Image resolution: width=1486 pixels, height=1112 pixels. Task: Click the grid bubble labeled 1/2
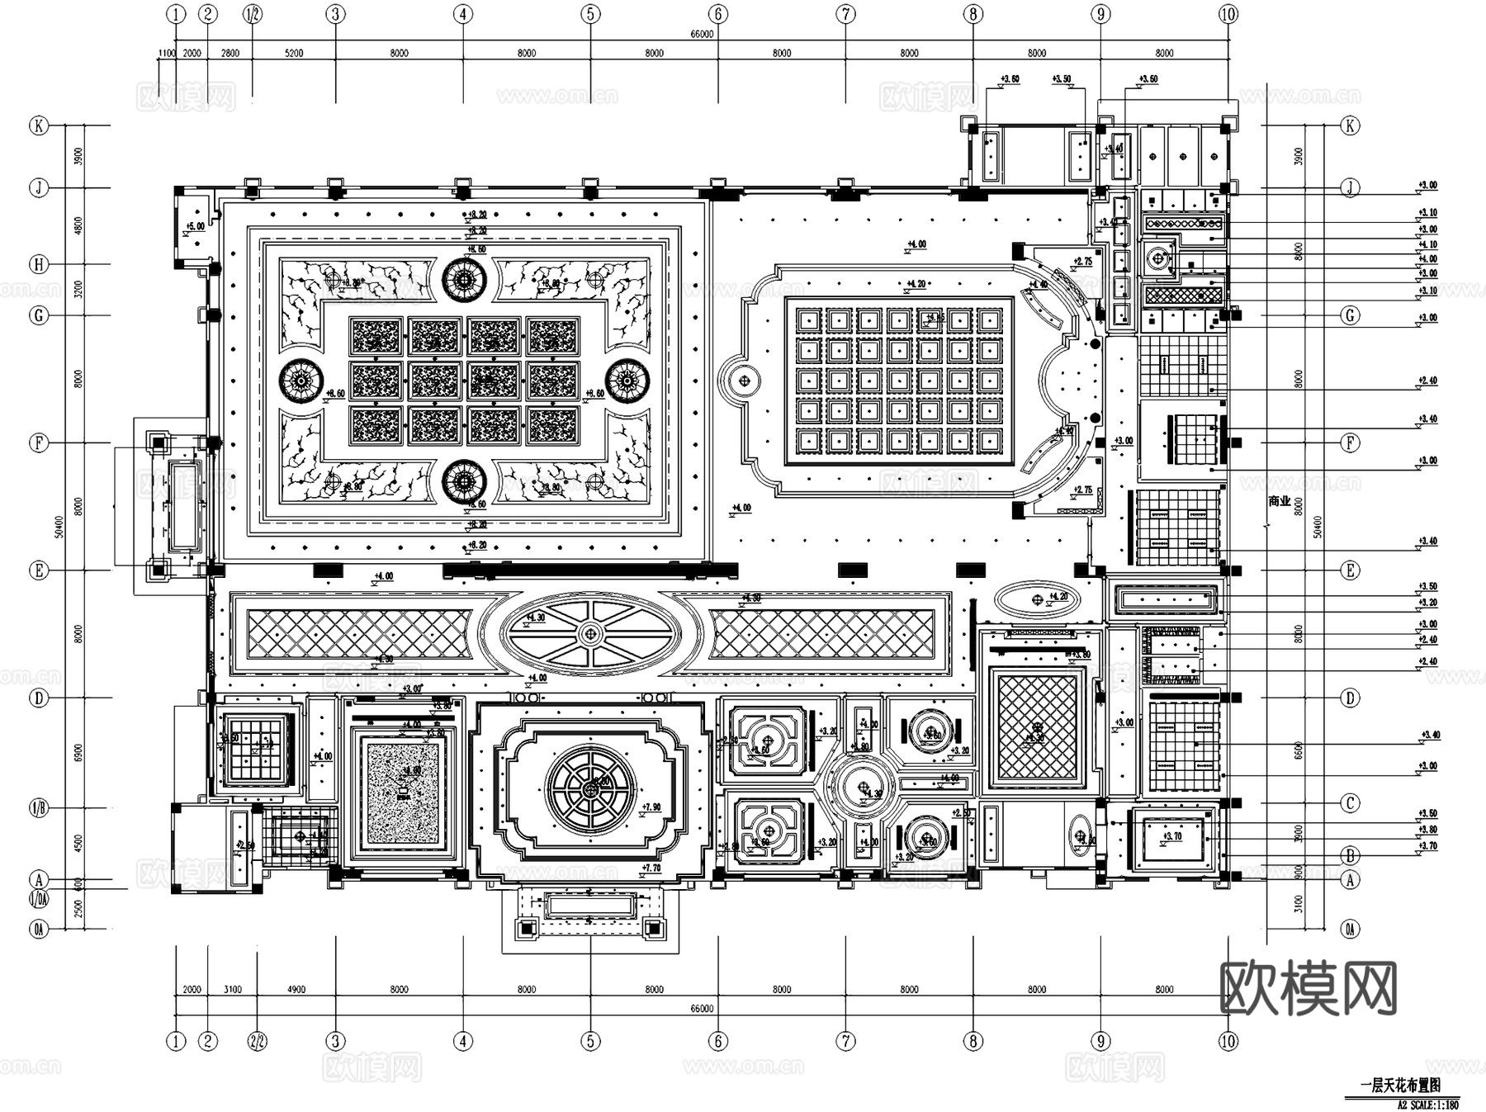[x=252, y=14]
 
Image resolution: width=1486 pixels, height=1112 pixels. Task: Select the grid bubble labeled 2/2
[x=258, y=1041]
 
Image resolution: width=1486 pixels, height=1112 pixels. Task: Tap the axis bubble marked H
[x=39, y=264]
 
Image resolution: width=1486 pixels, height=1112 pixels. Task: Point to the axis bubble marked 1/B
[x=39, y=808]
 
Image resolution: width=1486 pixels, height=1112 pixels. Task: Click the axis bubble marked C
[x=1351, y=802]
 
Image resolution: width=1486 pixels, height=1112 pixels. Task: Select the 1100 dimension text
[x=166, y=53]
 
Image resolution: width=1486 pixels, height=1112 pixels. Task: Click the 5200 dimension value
[x=294, y=53]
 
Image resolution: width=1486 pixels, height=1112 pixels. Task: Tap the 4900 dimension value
[x=296, y=989]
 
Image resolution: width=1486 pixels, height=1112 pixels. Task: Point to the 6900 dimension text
[x=78, y=752]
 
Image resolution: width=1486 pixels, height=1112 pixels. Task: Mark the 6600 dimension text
[x=1298, y=750]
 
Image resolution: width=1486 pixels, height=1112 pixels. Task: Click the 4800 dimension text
[x=78, y=226]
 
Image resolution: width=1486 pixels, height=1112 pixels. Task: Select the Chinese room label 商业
[x=1279, y=501]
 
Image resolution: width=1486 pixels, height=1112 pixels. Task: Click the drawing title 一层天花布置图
[x=1405, y=1086]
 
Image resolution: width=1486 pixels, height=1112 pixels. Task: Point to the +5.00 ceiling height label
[x=195, y=226]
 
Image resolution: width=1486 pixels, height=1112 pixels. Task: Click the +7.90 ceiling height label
[x=651, y=807]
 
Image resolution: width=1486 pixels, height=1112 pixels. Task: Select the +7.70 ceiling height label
[x=651, y=868]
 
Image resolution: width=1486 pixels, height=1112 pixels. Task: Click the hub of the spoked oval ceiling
[x=589, y=634]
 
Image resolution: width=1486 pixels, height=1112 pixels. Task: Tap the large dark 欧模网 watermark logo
[x=1308, y=987]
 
